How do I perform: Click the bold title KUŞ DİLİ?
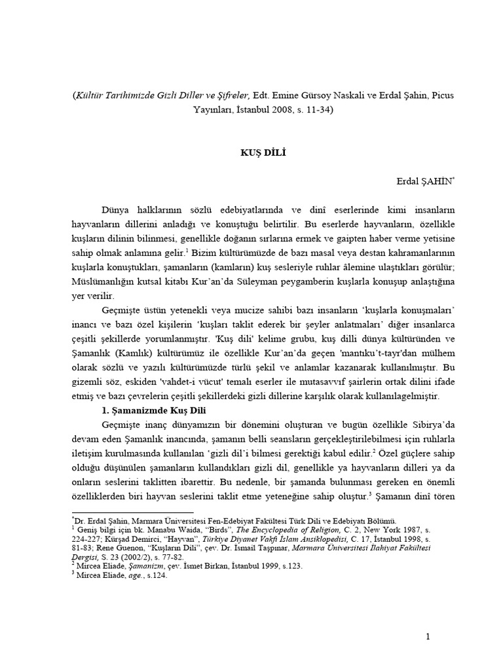point(251,152)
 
